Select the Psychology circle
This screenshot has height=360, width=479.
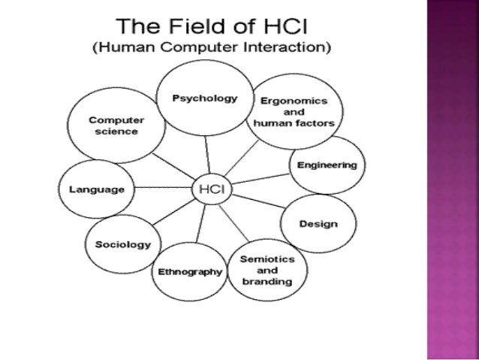pyautogui.click(x=205, y=98)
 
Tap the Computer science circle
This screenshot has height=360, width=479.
pyautogui.click(x=116, y=126)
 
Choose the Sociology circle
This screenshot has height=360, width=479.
pyautogui.click(x=122, y=245)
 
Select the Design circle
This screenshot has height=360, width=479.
pyautogui.click(x=318, y=224)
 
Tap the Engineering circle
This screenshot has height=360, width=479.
pyautogui.click(x=327, y=165)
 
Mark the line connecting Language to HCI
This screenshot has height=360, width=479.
pyautogui.click(x=159, y=190)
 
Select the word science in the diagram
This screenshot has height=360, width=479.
pyautogui.click(x=116, y=132)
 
